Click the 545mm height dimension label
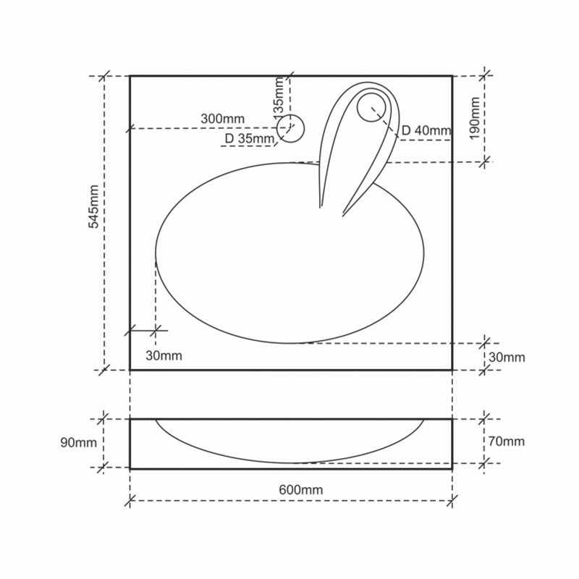(94, 206)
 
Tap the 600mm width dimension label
(300, 490)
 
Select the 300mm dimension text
(223, 119)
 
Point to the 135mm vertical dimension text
(279, 96)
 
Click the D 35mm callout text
(250, 139)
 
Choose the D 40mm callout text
(426, 130)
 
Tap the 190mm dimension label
(475, 119)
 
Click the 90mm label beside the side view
(79, 442)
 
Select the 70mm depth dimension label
(506, 441)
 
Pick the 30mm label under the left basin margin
(164, 355)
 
